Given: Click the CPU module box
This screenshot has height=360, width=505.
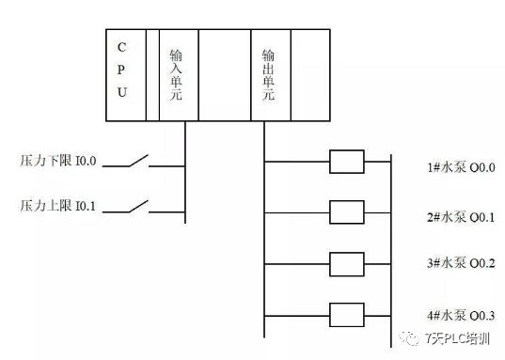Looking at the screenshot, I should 125,75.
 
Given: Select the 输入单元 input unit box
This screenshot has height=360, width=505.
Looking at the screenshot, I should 178,75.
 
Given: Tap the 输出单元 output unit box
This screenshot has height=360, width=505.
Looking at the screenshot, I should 270,75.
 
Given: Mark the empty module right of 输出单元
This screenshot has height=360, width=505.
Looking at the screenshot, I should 309,75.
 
